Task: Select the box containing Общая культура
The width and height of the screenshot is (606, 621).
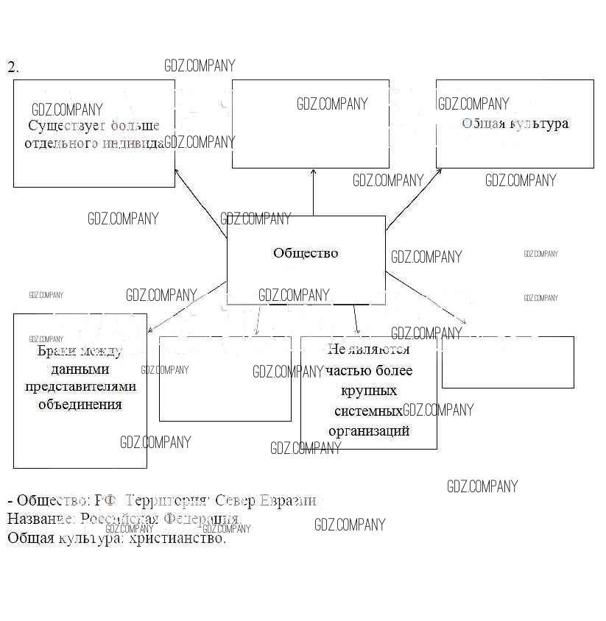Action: [515, 124]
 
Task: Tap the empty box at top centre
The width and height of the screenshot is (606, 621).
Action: [310, 124]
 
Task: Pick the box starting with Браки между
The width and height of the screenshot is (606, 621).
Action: [80, 390]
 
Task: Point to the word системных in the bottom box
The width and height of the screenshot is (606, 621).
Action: [368, 411]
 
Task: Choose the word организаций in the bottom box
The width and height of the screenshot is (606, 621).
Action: [369, 430]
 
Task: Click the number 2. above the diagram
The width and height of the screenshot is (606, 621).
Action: [13, 67]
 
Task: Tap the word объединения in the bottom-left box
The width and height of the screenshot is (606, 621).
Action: [80, 403]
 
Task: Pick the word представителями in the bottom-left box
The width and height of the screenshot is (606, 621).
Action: [80, 386]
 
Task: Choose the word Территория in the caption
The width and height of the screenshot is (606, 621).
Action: [169, 501]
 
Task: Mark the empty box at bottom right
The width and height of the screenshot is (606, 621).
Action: [507, 362]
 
